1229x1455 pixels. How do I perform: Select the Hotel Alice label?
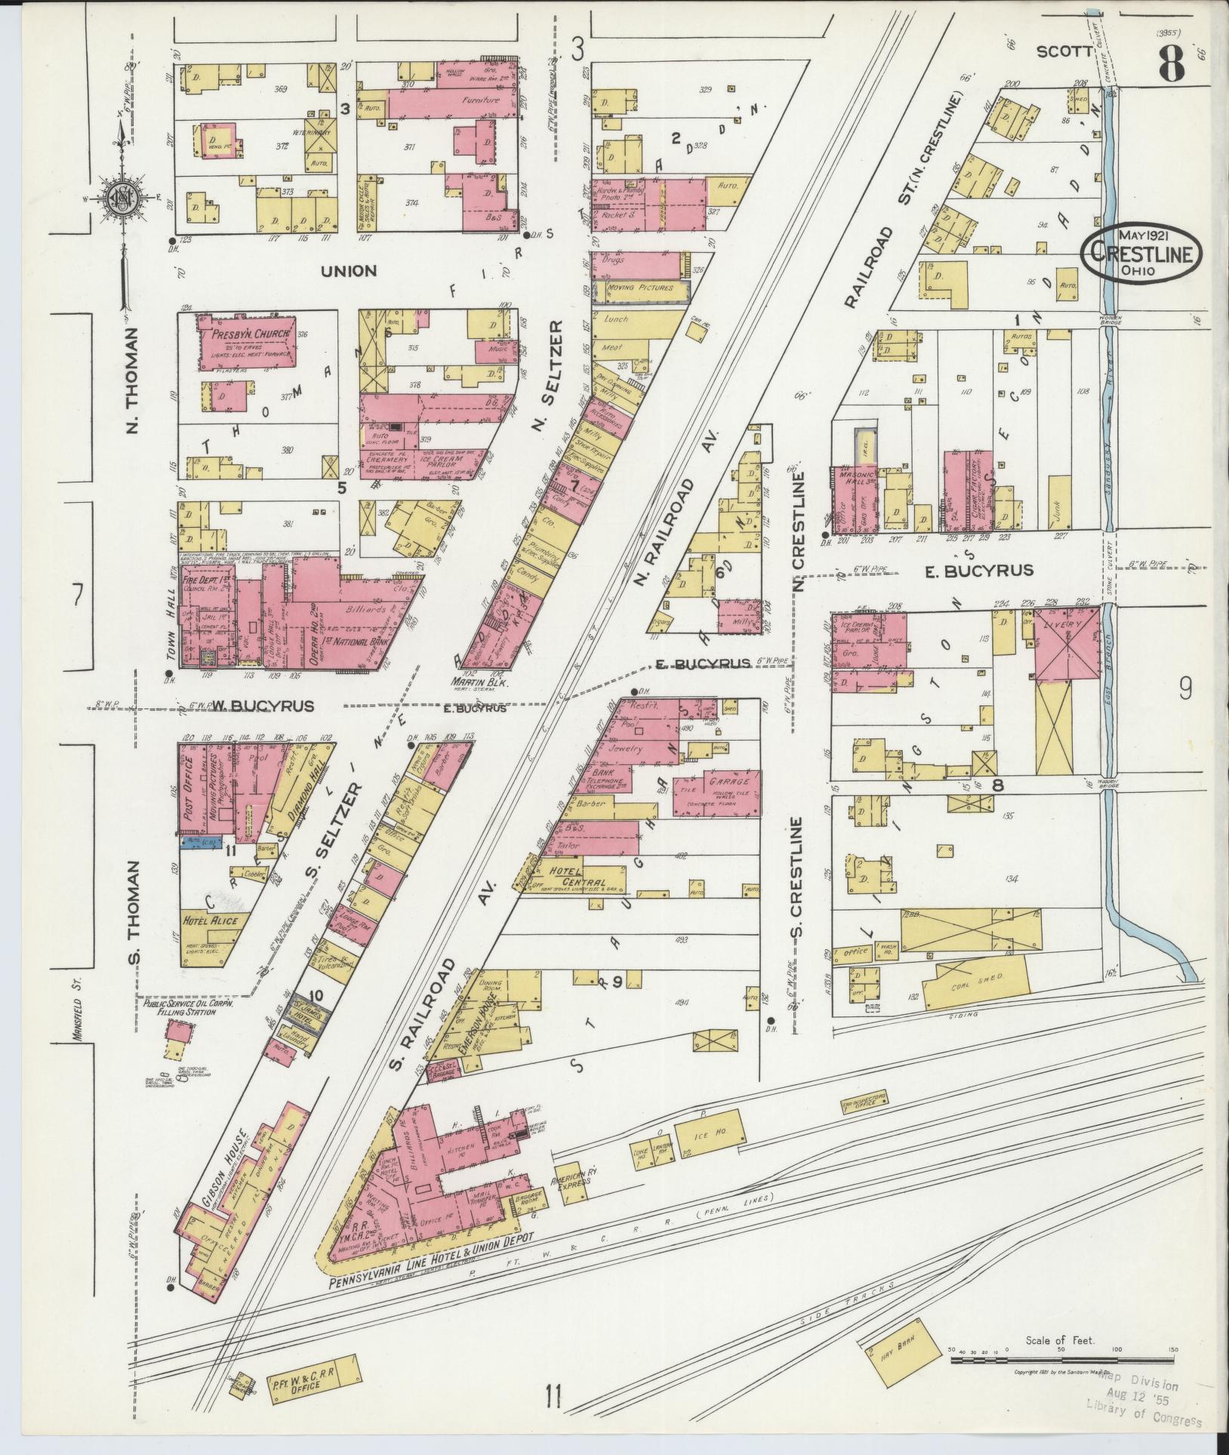[x=209, y=920]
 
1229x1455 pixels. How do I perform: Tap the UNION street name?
[x=348, y=270]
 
